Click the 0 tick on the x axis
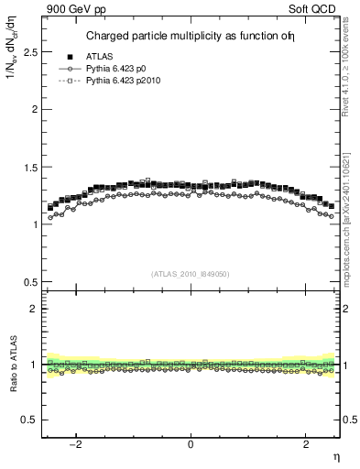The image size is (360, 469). point(191,444)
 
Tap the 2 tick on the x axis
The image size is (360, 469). point(305,444)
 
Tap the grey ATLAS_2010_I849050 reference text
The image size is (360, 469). point(191,273)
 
